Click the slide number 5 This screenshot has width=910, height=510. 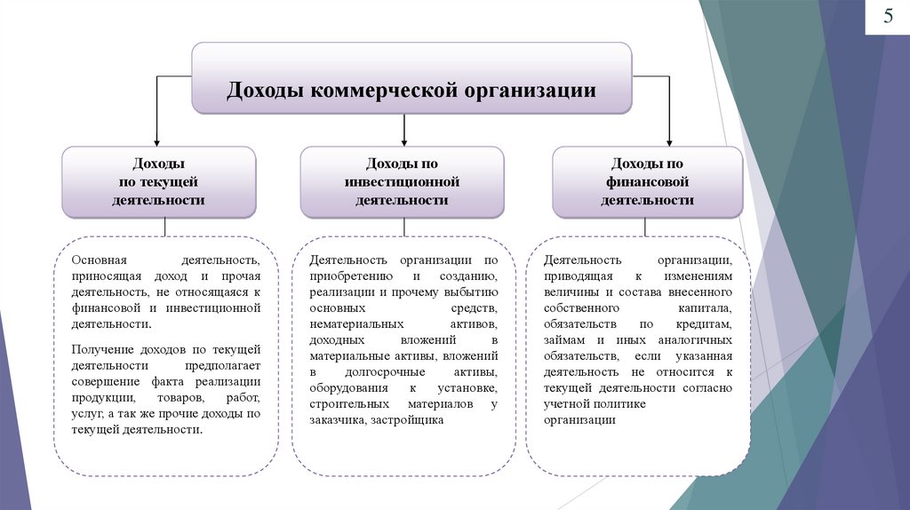click(x=888, y=18)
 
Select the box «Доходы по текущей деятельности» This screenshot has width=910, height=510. click(x=158, y=182)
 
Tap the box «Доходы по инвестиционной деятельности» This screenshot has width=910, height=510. click(x=402, y=182)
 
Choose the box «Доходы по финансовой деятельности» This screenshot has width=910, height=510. click(x=647, y=182)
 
